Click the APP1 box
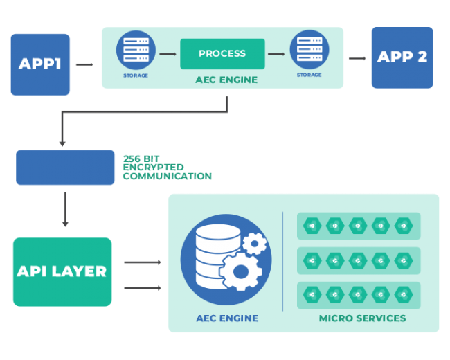click(40, 64)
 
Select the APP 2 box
click(402, 57)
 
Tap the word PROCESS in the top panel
click(222, 53)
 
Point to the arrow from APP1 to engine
click(84, 64)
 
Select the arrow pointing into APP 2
click(357, 58)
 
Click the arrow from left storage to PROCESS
click(168, 53)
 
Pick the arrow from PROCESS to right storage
click(276, 53)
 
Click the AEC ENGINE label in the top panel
click(226, 80)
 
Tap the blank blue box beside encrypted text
click(66, 168)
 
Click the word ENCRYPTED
click(153, 168)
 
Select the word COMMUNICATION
click(167, 177)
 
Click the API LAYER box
click(62, 271)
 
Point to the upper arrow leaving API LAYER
click(143, 262)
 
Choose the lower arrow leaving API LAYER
click(143, 287)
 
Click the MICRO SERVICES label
click(362, 318)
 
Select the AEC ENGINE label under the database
click(226, 318)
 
